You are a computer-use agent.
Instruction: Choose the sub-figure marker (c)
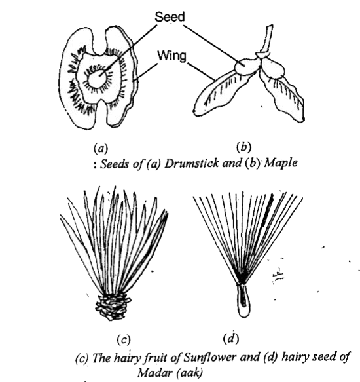[x=122, y=339]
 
